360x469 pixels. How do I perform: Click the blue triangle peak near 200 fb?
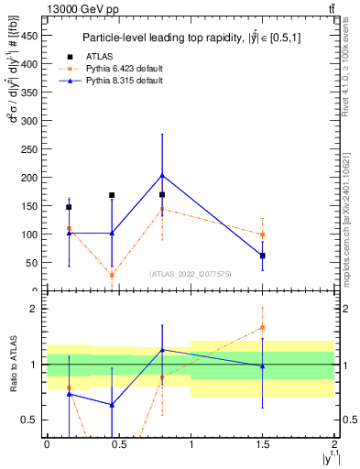click(x=162, y=175)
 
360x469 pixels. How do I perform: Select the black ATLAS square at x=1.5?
click(x=263, y=256)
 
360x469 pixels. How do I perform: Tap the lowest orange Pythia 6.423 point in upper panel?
click(x=112, y=275)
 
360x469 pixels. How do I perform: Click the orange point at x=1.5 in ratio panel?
click(x=263, y=327)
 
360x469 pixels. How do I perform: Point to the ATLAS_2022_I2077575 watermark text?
click(x=191, y=274)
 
